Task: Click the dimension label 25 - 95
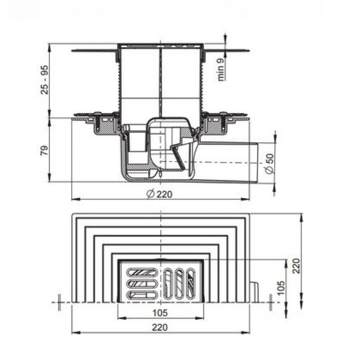[45, 80]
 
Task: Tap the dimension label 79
[44, 150]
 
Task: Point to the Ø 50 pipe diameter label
[270, 163]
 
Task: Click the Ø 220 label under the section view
[159, 194]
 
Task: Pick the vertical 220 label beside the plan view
[296, 266]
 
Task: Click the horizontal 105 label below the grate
[160, 313]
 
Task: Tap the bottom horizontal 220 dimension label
[160, 328]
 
